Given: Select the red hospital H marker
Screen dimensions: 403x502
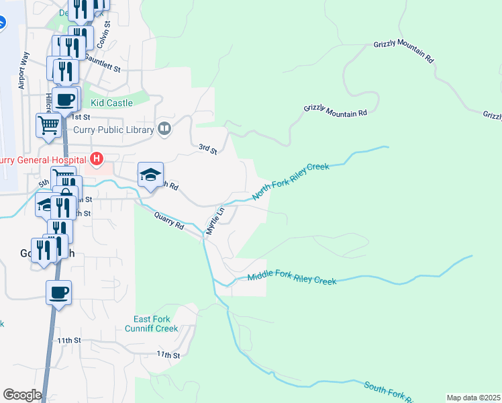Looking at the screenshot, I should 97,159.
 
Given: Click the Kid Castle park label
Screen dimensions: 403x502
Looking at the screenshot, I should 112,103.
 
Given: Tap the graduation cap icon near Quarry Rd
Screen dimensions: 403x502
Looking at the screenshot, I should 151,175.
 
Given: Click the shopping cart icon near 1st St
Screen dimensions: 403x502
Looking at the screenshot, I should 49,125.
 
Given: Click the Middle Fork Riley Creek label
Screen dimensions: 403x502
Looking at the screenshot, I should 291,277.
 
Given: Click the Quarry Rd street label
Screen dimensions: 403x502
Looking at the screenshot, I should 168,221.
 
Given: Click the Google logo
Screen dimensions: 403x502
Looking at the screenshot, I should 22,395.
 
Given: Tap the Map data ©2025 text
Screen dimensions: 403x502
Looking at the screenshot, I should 473,398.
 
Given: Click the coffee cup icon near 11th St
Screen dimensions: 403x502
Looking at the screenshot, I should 58,292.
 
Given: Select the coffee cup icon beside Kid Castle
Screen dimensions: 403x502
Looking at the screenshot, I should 65,100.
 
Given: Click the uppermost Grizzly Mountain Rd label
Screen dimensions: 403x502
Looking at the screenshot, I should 403,52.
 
